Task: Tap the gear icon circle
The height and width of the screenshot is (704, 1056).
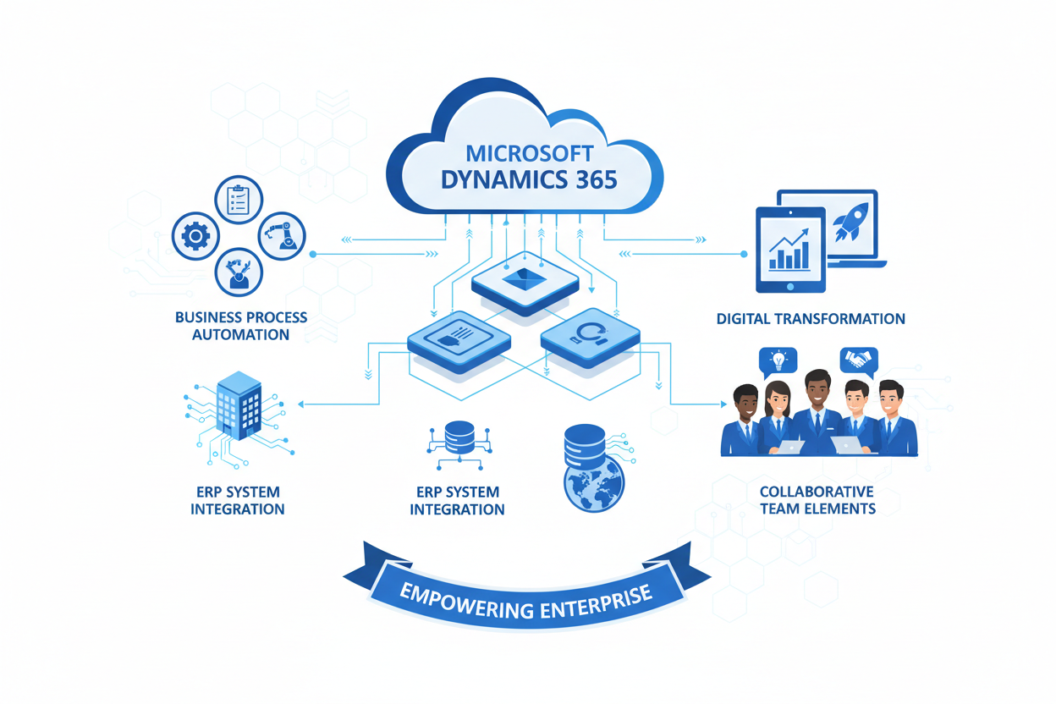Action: [195, 236]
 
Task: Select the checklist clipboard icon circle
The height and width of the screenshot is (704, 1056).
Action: [239, 198]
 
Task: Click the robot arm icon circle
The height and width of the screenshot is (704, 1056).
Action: [282, 235]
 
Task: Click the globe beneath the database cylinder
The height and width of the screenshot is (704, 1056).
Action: [593, 487]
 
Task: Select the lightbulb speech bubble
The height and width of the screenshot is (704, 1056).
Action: [778, 361]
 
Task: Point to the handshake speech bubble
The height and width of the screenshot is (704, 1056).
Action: [859, 360]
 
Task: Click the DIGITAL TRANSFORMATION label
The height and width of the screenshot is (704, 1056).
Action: [810, 319]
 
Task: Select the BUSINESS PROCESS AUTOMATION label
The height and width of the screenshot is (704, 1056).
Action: [240, 326]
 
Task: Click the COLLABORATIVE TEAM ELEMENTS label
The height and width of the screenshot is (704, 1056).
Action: [817, 500]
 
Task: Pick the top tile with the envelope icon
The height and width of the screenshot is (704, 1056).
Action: [525, 278]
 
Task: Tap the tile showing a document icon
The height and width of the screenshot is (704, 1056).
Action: [459, 338]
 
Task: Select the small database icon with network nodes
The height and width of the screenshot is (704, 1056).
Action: [459, 439]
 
